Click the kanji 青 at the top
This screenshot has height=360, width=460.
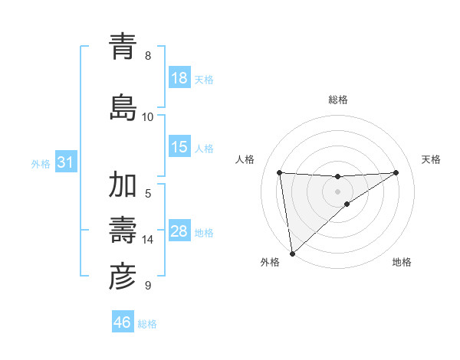tap(123, 47)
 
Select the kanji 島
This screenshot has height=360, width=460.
tap(123, 106)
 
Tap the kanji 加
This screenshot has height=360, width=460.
tap(123, 186)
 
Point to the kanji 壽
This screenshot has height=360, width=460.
tap(123, 230)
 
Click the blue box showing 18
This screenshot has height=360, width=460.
tap(179, 78)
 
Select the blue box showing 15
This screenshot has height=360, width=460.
tap(179, 147)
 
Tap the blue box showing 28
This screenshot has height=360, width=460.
tap(179, 231)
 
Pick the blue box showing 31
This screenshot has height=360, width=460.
tap(65, 162)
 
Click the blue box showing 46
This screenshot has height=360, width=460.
tap(123, 322)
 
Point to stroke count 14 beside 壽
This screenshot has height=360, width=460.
tap(148, 240)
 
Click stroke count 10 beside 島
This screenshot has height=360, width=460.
tap(148, 116)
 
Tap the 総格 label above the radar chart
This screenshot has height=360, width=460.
tap(338, 100)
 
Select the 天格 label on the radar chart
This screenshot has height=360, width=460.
tap(432, 159)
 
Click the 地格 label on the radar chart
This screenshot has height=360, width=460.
tap(402, 262)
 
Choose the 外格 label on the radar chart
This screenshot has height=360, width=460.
tap(270, 262)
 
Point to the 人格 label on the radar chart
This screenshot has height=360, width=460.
tap(245, 159)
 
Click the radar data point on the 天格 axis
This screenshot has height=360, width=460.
tap(396, 172)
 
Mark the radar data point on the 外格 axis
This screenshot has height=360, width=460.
tap(292, 254)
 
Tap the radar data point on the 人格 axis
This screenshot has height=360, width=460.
tap(280, 172)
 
